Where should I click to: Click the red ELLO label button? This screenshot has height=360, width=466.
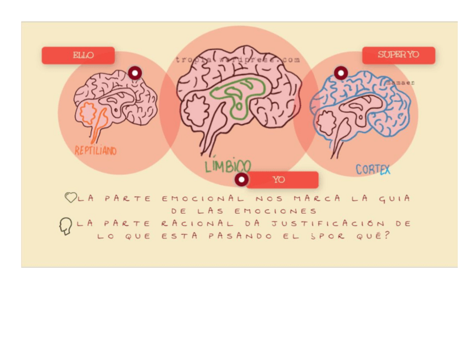(x=78, y=56)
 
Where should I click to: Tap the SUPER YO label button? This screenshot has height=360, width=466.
(x=398, y=55)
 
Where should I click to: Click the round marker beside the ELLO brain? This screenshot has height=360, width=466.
(x=135, y=73)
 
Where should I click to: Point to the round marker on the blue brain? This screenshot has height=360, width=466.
(x=341, y=73)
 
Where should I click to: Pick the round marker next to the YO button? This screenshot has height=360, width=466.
(x=241, y=179)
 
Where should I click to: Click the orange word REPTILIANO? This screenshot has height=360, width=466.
(x=96, y=151)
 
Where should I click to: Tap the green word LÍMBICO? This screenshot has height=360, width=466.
(x=228, y=166)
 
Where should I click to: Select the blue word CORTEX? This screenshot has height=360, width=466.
(x=373, y=170)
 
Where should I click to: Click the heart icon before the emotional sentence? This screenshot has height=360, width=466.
(x=70, y=197)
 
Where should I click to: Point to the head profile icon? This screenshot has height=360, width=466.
(x=66, y=226)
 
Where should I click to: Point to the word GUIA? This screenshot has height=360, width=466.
(x=394, y=198)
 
